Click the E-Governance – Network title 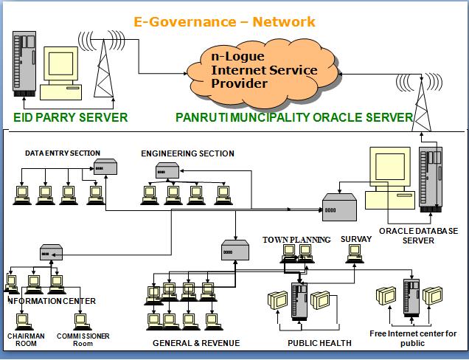[224, 22]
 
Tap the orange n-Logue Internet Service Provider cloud [263, 73]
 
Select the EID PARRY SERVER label [71, 117]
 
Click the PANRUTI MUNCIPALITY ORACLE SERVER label [294, 117]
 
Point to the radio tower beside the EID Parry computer [103, 68]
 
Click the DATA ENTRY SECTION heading [63, 153]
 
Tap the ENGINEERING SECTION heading [187, 153]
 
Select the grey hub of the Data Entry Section [105, 167]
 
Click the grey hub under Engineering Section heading [167, 170]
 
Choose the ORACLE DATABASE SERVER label [418, 235]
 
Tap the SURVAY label [356, 239]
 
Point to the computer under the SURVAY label [355, 254]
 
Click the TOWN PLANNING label [296, 240]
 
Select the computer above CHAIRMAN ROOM [24, 322]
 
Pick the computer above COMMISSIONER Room [83, 322]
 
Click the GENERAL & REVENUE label [196, 343]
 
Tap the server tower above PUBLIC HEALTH [299, 302]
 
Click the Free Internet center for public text [413, 338]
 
